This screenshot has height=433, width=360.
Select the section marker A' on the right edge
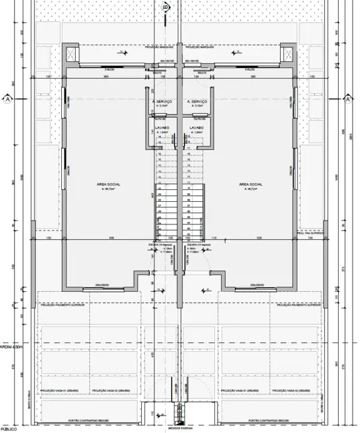[348, 99]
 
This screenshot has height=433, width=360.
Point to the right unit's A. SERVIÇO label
[198, 101]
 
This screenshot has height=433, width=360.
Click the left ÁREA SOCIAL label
[108, 183]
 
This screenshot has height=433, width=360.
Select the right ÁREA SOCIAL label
[250, 183]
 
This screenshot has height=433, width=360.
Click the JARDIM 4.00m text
[12, 346]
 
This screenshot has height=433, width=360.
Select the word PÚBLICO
[8, 430]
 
